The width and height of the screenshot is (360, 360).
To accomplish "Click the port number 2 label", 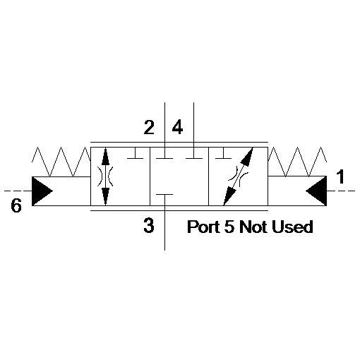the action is point(149,127).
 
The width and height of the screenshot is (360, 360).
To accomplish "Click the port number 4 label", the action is point(177,127).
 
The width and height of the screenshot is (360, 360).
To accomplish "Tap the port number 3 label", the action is point(149,226).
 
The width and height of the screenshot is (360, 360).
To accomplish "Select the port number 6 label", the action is point(16,205).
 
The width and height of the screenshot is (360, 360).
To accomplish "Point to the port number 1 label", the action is point(340,176).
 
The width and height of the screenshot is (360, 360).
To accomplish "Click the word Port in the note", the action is point(204,227).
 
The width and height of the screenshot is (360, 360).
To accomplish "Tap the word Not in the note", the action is point(253,227).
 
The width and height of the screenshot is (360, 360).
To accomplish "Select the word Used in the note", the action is point(292,227).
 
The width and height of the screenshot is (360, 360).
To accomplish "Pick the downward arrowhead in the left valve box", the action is point(105,196).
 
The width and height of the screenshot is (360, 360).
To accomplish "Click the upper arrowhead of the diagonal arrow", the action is point(246,157).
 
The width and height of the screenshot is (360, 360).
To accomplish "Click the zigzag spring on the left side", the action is point(61,162).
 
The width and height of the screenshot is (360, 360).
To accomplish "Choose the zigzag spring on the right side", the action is point(297,162).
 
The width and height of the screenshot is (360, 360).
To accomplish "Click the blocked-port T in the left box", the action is point(135,153).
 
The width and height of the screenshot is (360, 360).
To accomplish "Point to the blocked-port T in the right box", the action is point(224,153).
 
